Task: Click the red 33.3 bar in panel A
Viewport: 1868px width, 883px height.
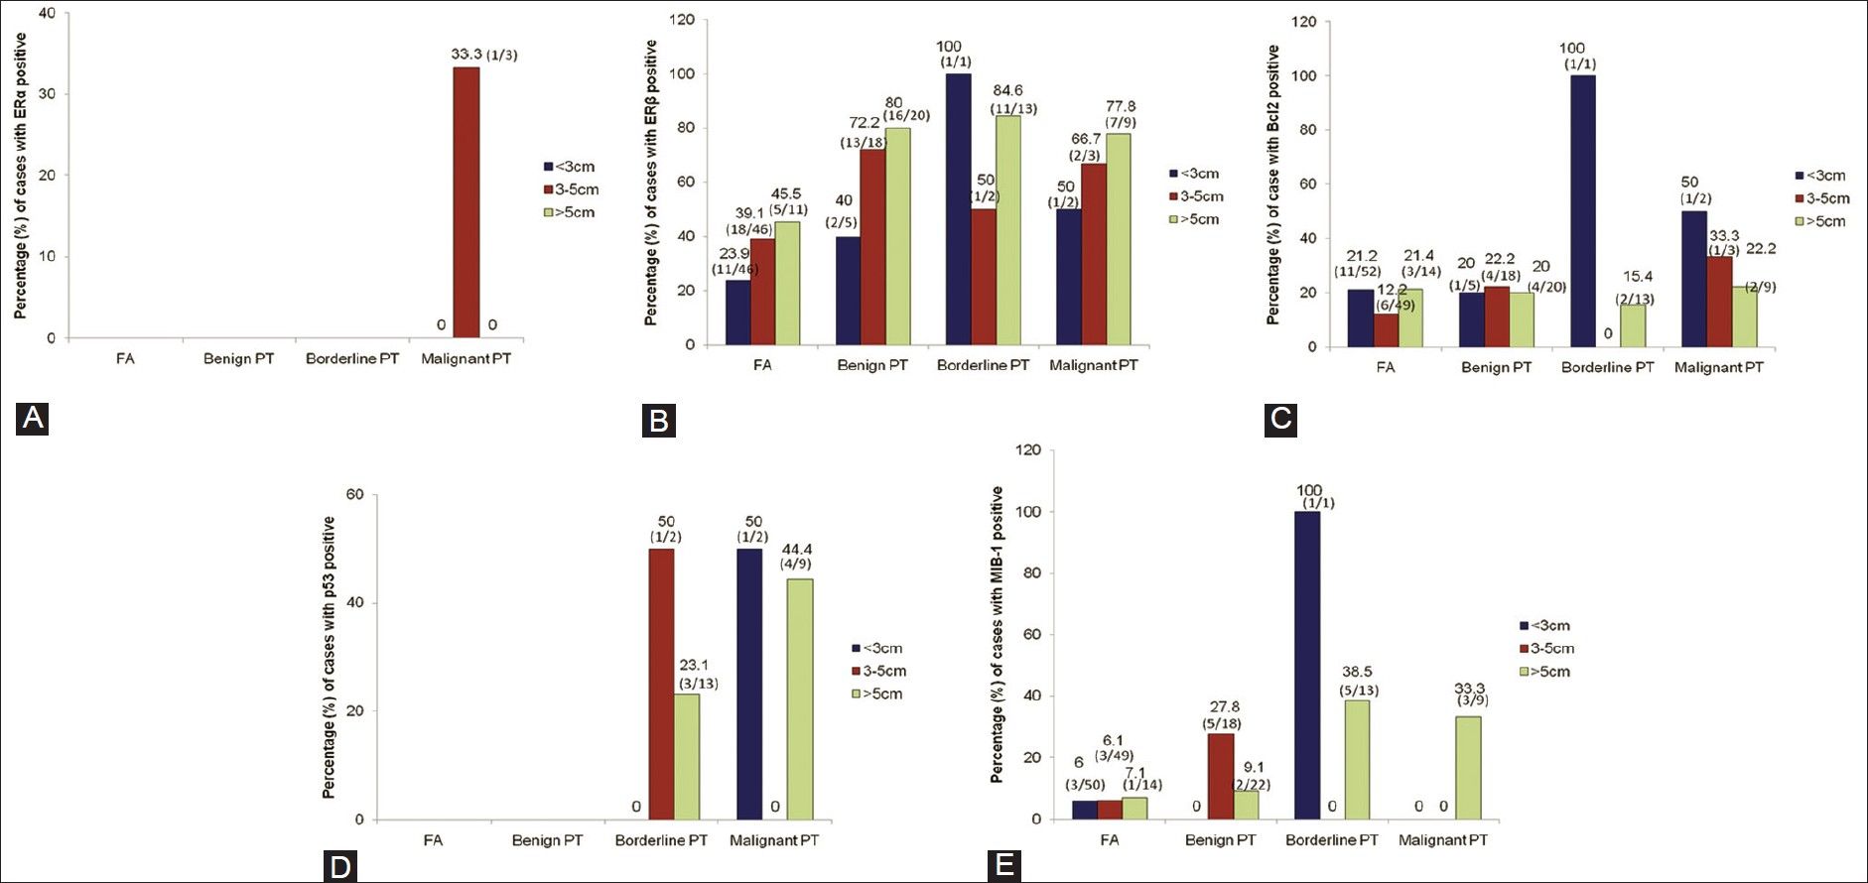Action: tap(467, 202)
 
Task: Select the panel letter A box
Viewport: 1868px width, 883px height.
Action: tap(33, 418)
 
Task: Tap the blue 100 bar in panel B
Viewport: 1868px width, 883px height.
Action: tap(958, 209)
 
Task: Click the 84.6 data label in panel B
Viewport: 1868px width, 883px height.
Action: tap(1007, 90)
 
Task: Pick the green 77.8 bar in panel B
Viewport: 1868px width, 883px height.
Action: tap(1119, 239)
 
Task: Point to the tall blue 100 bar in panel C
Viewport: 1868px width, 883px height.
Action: tap(1582, 211)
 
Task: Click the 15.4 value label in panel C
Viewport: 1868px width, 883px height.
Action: tap(1638, 277)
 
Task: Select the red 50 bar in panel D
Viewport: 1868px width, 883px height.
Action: tap(661, 684)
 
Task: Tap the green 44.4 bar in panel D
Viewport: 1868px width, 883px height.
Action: tap(800, 698)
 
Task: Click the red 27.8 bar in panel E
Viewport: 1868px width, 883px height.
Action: tap(1221, 776)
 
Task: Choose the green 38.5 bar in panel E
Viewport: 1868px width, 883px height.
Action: tap(1357, 759)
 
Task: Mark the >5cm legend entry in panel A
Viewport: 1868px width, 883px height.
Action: tap(570, 212)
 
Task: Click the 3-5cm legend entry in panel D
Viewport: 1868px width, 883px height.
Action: tap(878, 671)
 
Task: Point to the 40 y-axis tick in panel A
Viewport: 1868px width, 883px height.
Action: tap(47, 14)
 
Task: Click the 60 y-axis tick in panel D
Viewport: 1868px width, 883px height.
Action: tap(354, 494)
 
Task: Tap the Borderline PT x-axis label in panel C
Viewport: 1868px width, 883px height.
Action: tap(1607, 367)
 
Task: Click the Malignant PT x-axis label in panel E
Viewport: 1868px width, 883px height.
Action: tap(1442, 839)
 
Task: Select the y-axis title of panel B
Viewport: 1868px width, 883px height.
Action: tap(651, 183)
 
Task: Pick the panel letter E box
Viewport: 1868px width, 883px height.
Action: tap(1004, 864)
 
